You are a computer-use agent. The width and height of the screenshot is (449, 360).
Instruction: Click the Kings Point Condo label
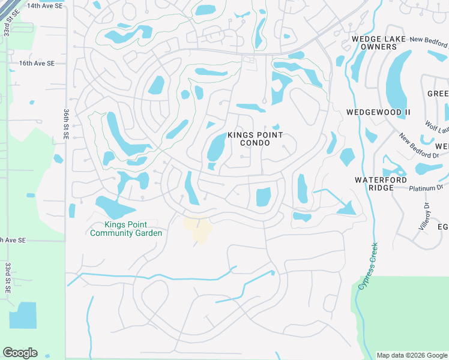tap(255, 139)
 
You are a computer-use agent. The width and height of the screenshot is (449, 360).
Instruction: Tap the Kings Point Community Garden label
tap(125, 229)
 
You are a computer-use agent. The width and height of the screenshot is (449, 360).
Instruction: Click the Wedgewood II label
tap(378, 112)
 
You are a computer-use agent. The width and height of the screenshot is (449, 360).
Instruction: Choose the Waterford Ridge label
tap(381, 184)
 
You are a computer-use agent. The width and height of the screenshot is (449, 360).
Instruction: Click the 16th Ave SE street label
tap(38, 63)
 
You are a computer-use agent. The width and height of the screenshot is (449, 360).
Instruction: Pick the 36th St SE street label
tap(65, 125)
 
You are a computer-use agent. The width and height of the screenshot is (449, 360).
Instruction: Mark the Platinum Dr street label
tap(426, 188)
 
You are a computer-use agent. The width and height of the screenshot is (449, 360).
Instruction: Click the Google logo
tap(20, 353)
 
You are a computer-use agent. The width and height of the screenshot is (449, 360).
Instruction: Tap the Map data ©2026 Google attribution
tap(411, 355)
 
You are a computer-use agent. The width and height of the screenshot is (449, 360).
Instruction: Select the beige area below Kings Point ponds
tap(198, 229)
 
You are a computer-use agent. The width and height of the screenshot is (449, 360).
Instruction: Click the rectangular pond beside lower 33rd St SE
tap(23, 315)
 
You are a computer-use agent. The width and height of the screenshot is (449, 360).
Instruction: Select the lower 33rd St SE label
tap(8, 277)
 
